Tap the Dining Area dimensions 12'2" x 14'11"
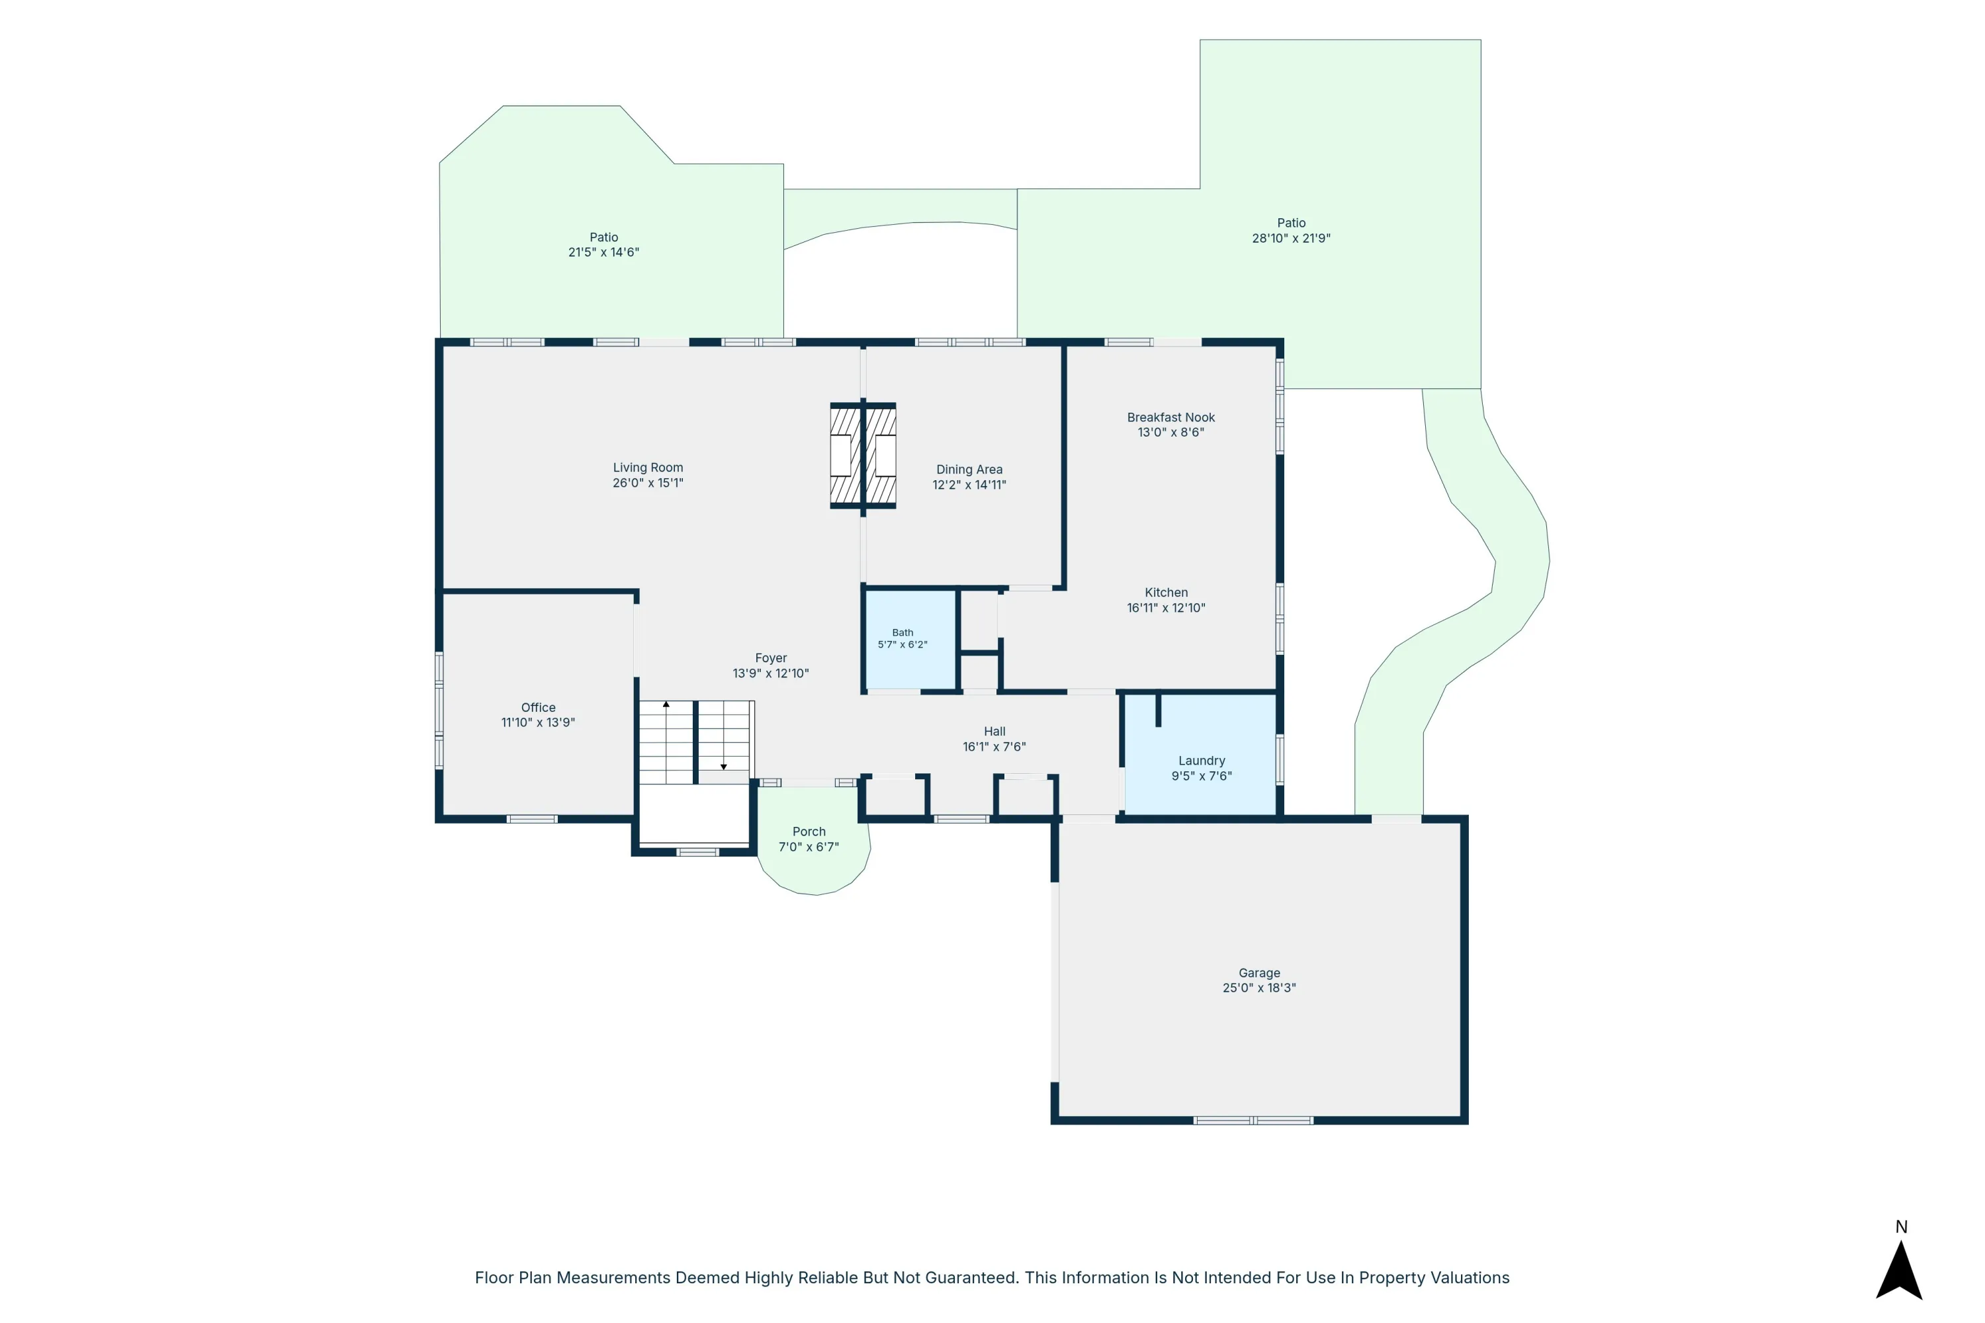[x=969, y=484]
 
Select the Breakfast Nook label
[x=1170, y=417]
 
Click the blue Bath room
[x=910, y=640]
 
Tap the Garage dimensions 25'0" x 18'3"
[x=1259, y=987]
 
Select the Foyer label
[x=771, y=658]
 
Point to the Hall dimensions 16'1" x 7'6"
[x=994, y=747]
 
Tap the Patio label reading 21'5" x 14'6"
[x=603, y=251]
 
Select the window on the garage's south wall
[x=1253, y=1121]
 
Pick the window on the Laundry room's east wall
[x=1280, y=759]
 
